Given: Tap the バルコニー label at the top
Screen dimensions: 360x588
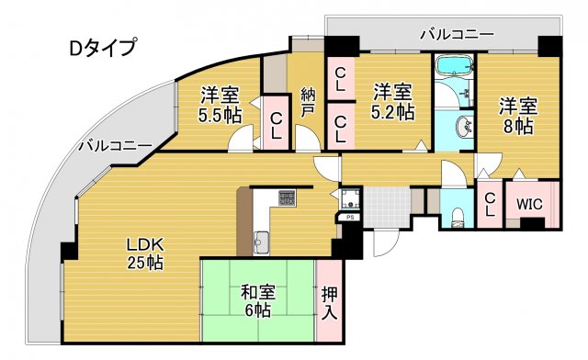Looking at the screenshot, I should (x=457, y=35).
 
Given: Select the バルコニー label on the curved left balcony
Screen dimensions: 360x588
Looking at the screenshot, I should (x=115, y=145).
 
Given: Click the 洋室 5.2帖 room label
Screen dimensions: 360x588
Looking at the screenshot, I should (x=392, y=101).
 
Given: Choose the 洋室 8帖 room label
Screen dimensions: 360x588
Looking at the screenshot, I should (x=517, y=115).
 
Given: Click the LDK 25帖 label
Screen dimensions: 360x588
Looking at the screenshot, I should (x=144, y=253).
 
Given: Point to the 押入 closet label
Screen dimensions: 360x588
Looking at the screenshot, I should (x=330, y=303).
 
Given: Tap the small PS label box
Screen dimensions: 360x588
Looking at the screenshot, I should (x=350, y=217).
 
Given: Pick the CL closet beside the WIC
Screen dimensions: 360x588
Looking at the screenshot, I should (x=490, y=204).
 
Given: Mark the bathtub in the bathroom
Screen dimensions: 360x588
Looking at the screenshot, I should (x=453, y=67).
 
